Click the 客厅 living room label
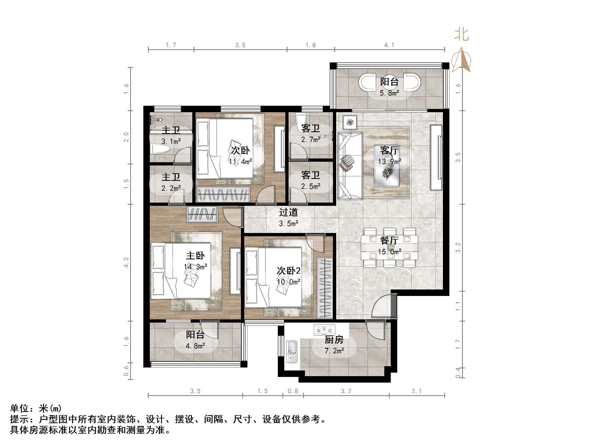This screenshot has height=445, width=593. (389, 151)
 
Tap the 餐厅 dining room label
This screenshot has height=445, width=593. (389, 240)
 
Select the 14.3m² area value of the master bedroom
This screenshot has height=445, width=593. (195, 267)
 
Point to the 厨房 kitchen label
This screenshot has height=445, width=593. (334, 340)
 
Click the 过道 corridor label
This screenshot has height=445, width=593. (288, 212)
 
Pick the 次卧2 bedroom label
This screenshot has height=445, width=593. (289, 271)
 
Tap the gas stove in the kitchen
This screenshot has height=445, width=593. (324, 330)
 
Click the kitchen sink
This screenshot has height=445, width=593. (292, 352)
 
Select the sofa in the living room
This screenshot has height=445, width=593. (350, 166)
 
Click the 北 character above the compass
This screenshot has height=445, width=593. (461, 35)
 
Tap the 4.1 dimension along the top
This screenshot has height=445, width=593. (389, 45)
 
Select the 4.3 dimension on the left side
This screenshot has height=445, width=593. (126, 263)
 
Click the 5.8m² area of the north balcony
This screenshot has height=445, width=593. (389, 93)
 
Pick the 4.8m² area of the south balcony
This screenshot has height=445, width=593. (195, 346)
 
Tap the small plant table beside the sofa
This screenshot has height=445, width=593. (350, 122)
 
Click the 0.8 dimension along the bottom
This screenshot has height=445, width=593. (293, 391)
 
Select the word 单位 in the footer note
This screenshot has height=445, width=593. (20, 408)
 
